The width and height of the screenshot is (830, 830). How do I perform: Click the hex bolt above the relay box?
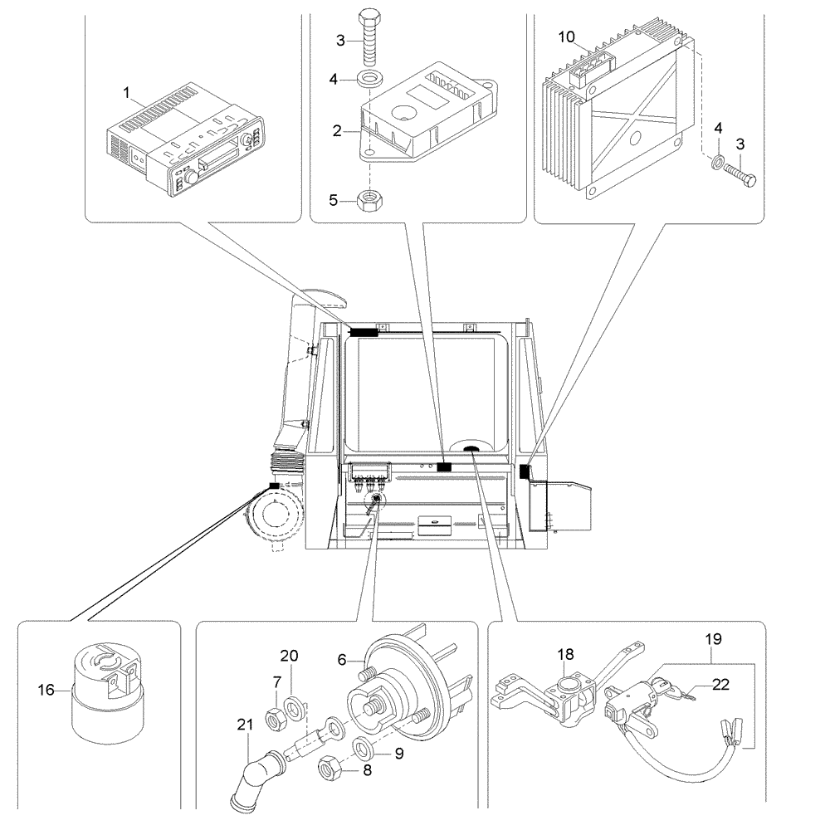click(369, 41)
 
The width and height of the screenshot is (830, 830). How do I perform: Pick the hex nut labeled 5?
click(369, 199)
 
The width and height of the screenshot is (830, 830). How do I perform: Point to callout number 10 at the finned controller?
click(566, 37)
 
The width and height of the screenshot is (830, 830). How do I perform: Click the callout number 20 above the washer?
click(289, 655)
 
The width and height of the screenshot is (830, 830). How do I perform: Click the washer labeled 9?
click(363, 749)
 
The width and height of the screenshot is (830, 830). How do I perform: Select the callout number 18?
click(566, 655)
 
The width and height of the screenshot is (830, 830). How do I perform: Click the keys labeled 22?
click(682, 699)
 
